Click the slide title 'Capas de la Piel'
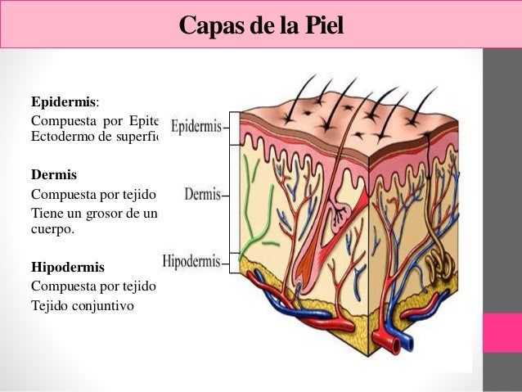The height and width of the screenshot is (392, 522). (x=261, y=25)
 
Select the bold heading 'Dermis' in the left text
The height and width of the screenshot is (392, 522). (x=53, y=175)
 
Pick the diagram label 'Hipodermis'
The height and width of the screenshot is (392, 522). (x=191, y=262)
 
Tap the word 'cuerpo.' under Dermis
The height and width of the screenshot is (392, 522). (x=52, y=230)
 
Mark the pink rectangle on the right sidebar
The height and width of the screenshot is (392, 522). (x=502, y=332)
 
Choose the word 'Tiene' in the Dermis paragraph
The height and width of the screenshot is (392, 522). (x=46, y=214)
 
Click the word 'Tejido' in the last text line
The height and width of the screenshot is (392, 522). (x=48, y=306)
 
